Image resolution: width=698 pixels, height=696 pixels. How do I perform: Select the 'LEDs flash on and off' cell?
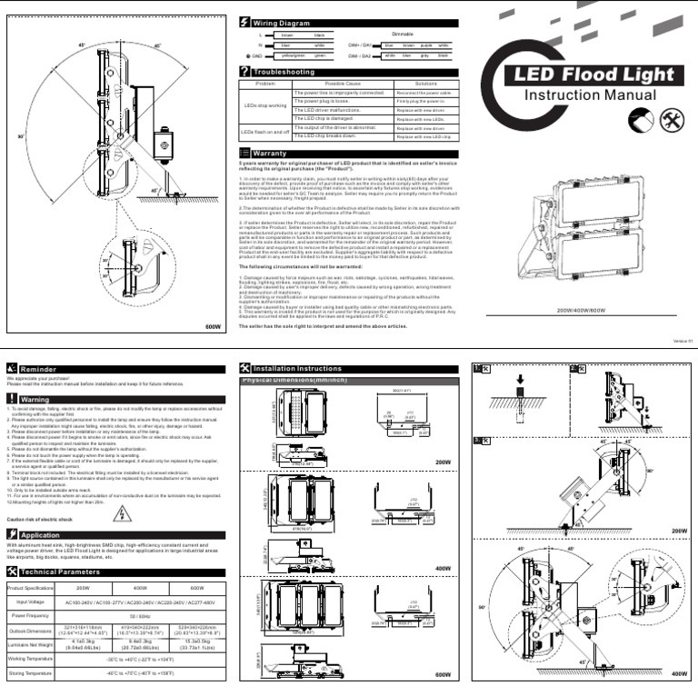click(264, 133)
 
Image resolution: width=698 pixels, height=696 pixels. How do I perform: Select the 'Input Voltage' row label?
click(30, 602)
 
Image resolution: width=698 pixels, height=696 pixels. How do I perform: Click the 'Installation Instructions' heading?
click(297, 368)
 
